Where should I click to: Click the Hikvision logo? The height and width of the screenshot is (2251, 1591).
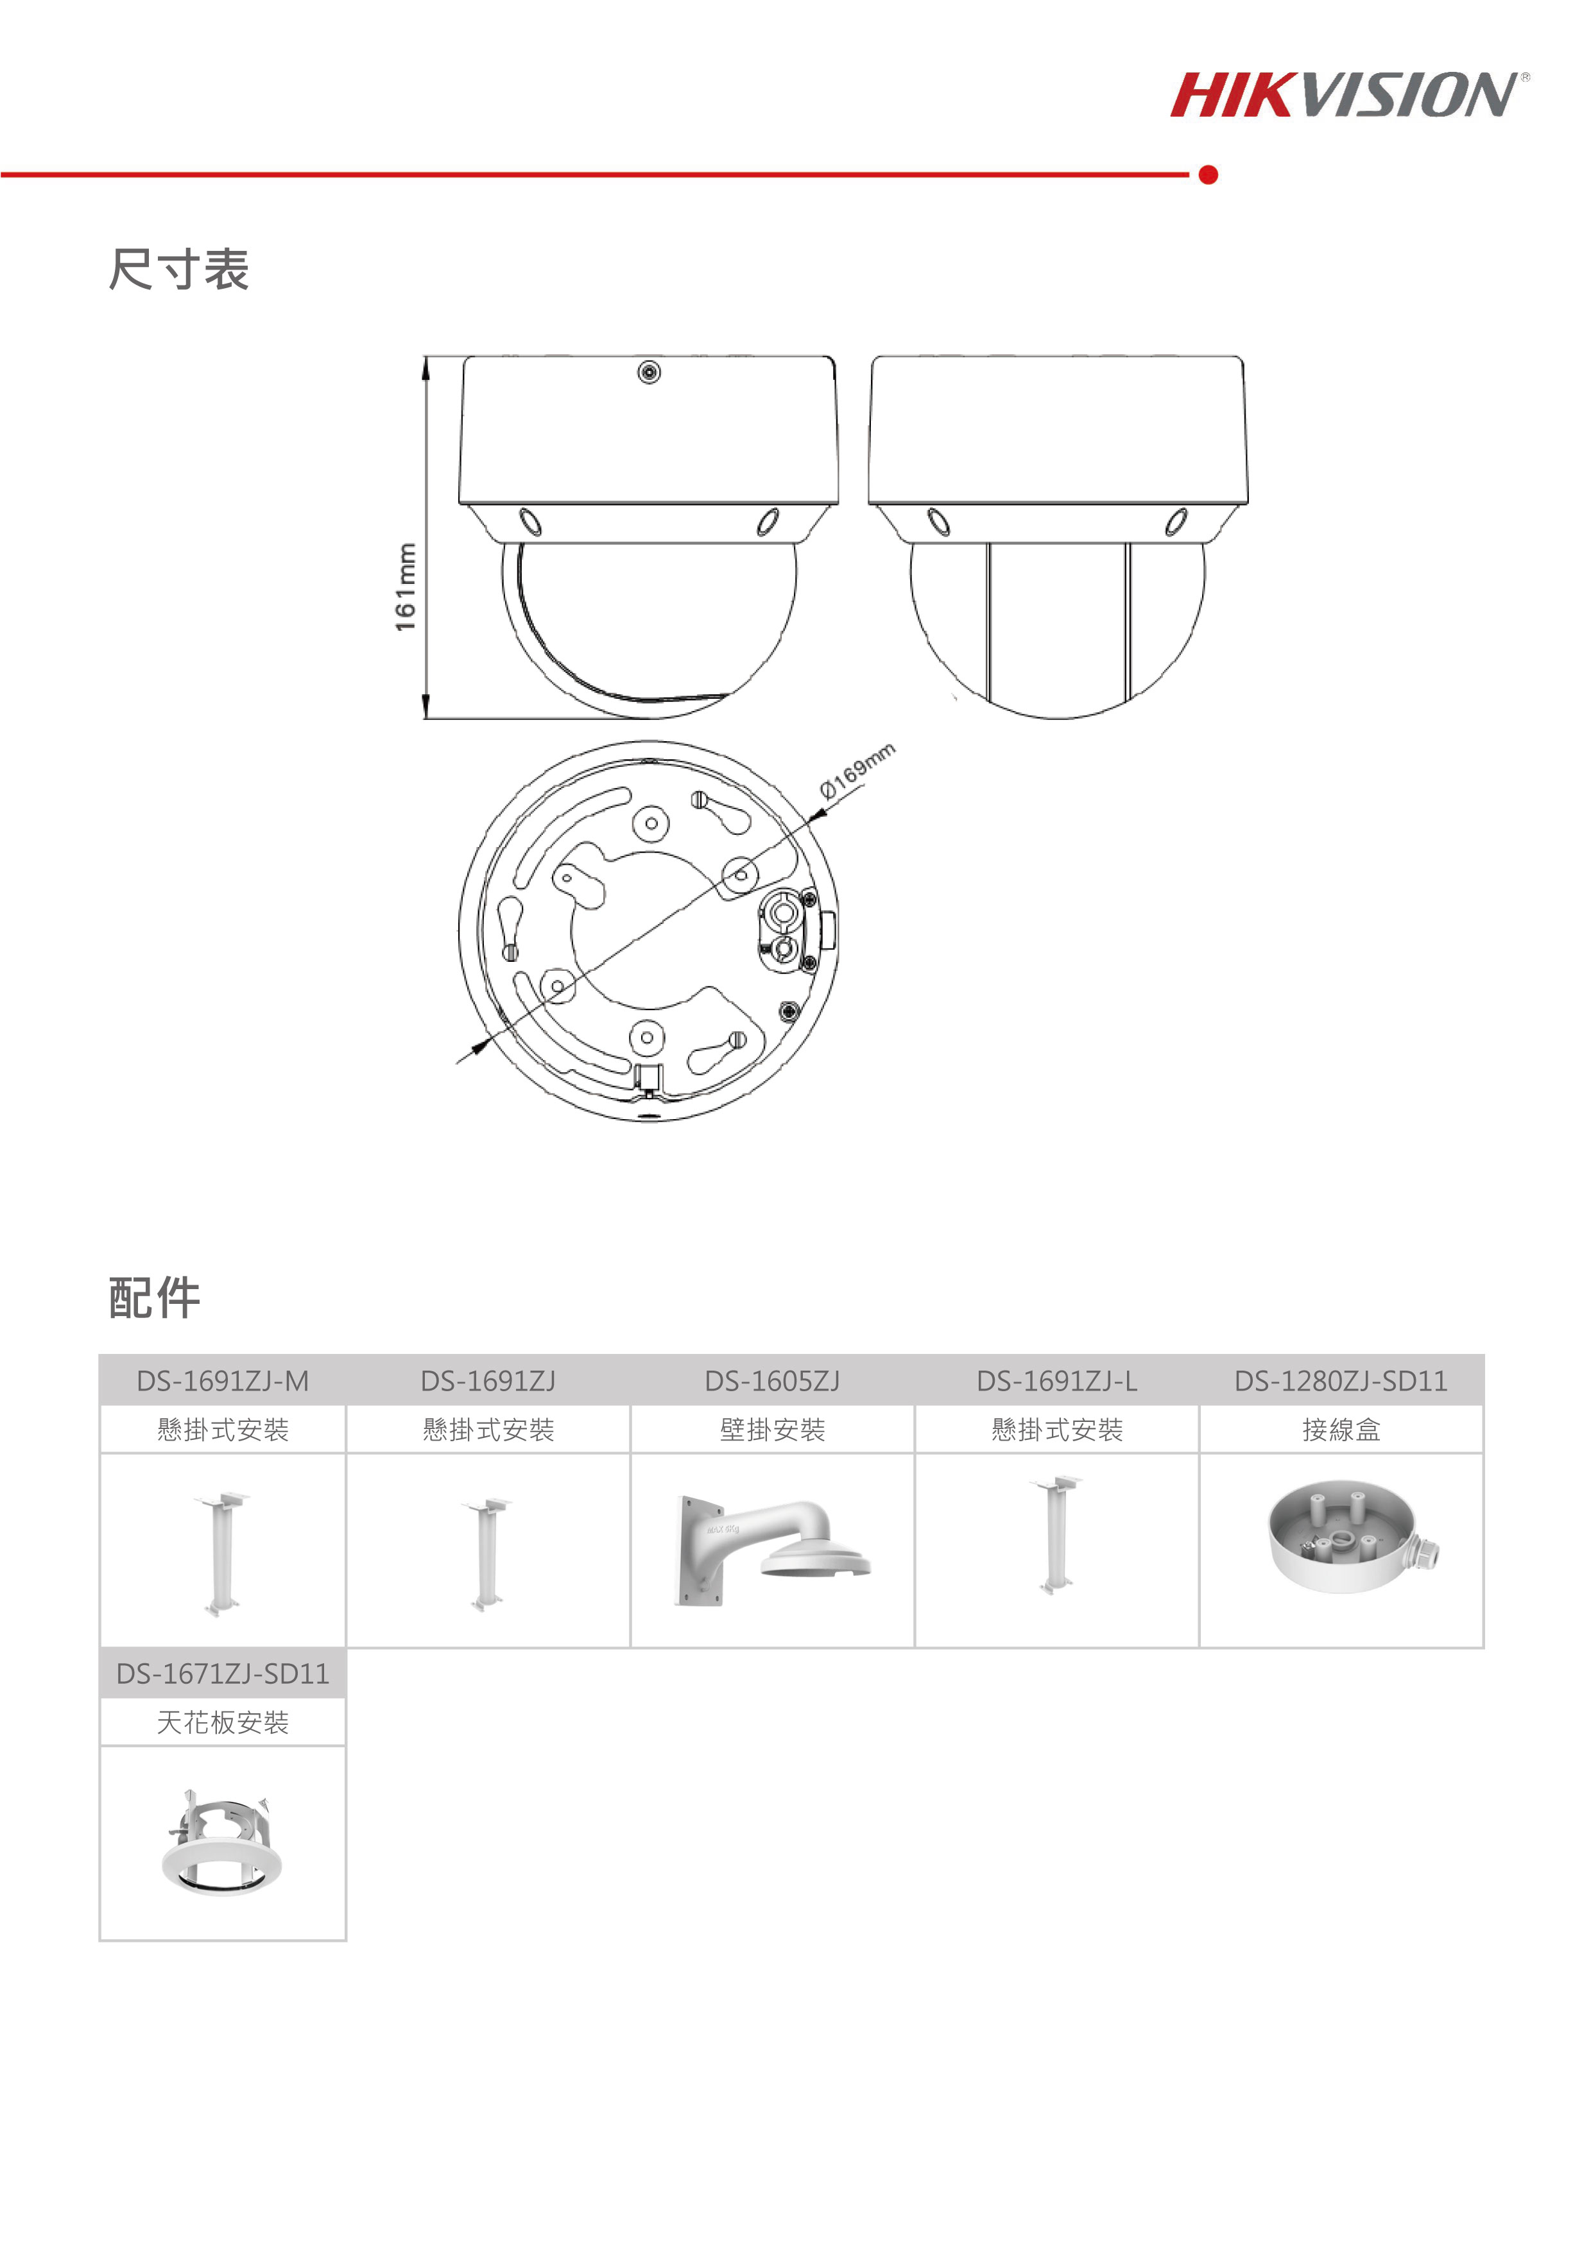(1349, 95)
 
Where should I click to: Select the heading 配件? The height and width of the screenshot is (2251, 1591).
(155, 1298)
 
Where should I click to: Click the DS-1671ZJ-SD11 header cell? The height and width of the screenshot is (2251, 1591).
(223, 1673)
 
